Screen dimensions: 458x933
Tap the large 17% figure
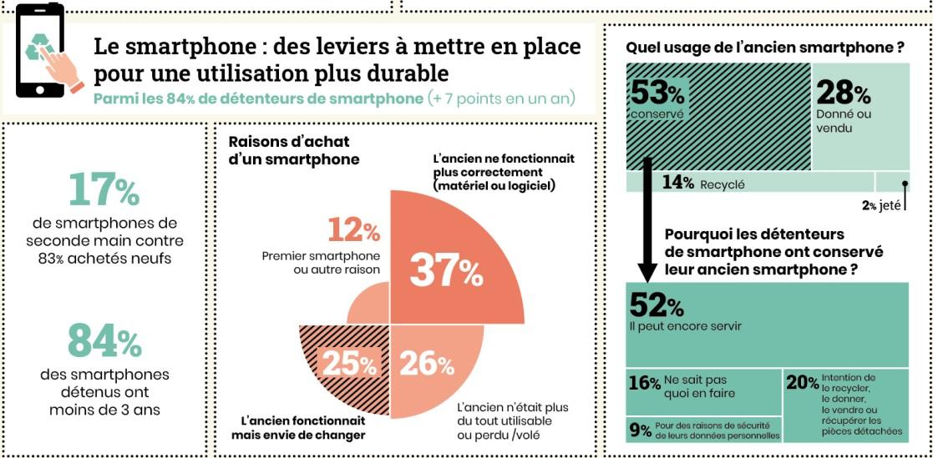coord(104,190)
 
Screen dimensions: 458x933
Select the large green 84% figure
coord(104,342)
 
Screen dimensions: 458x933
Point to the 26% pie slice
coord(427,364)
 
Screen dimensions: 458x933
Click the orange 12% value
coord(354,229)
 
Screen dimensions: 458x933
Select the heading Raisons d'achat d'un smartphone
coord(289,150)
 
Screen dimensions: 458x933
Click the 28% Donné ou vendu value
coord(843,93)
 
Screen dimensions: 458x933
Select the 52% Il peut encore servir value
coord(657,305)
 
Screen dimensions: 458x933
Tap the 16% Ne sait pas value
coord(644,383)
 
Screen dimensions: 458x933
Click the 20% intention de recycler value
coord(802,383)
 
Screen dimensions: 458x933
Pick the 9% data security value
coord(640,430)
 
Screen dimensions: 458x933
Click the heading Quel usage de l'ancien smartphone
coord(764,48)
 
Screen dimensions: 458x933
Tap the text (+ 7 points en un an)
coord(501,98)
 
